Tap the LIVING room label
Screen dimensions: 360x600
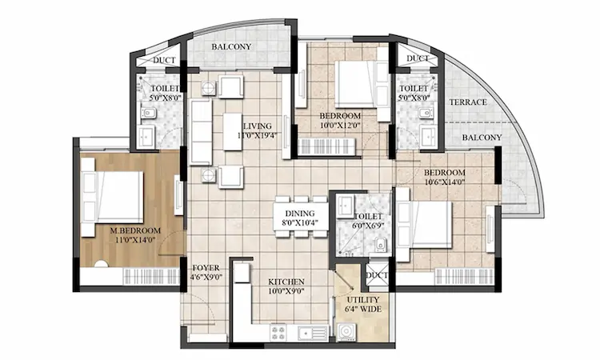(x=258, y=126)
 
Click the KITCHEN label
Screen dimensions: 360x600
(x=286, y=282)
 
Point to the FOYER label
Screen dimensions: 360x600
(x=206, y=268)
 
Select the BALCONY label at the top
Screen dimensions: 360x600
(x=231, y=47)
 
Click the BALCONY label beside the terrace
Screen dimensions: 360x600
(x=482, y=138)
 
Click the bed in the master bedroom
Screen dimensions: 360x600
(x=111, y=197)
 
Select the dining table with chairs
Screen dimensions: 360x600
(x=300, y=216)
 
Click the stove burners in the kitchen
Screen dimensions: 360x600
(x=279, y=330)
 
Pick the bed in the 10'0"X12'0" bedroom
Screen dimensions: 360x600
(x=352, y=83)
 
